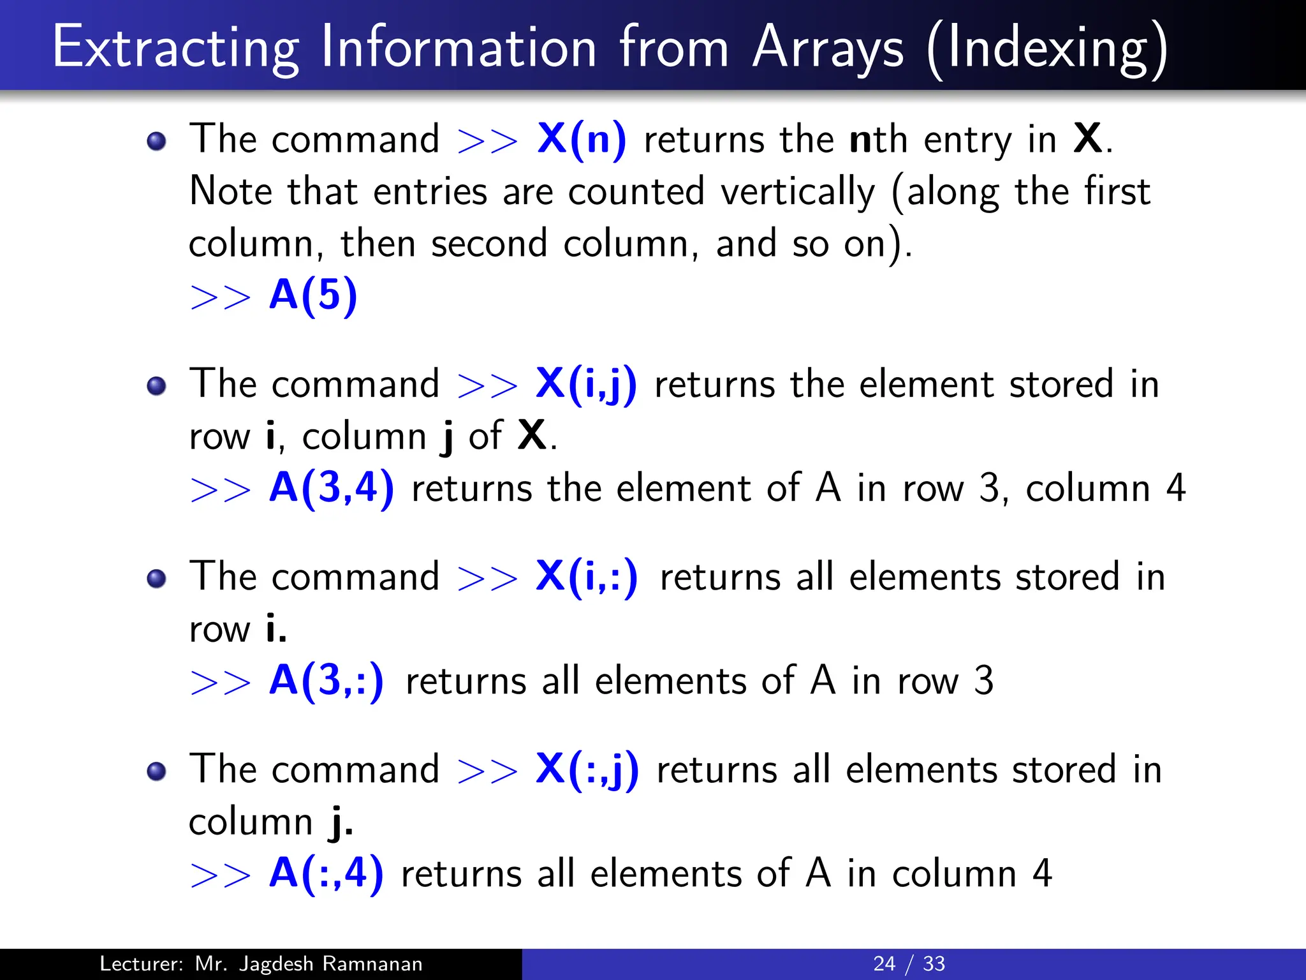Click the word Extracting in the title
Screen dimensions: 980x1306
point(175,48)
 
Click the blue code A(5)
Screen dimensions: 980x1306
point(312,295)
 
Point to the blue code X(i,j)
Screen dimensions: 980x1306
point(586,385)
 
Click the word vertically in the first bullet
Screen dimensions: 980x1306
point(798,192)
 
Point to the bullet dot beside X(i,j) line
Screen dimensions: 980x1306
point(156,386)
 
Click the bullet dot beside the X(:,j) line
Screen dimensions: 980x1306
point(156,771)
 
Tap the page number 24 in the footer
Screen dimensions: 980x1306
point(884,963)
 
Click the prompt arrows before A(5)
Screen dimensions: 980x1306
point(221,297)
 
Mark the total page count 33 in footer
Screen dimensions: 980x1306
point(934,963)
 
